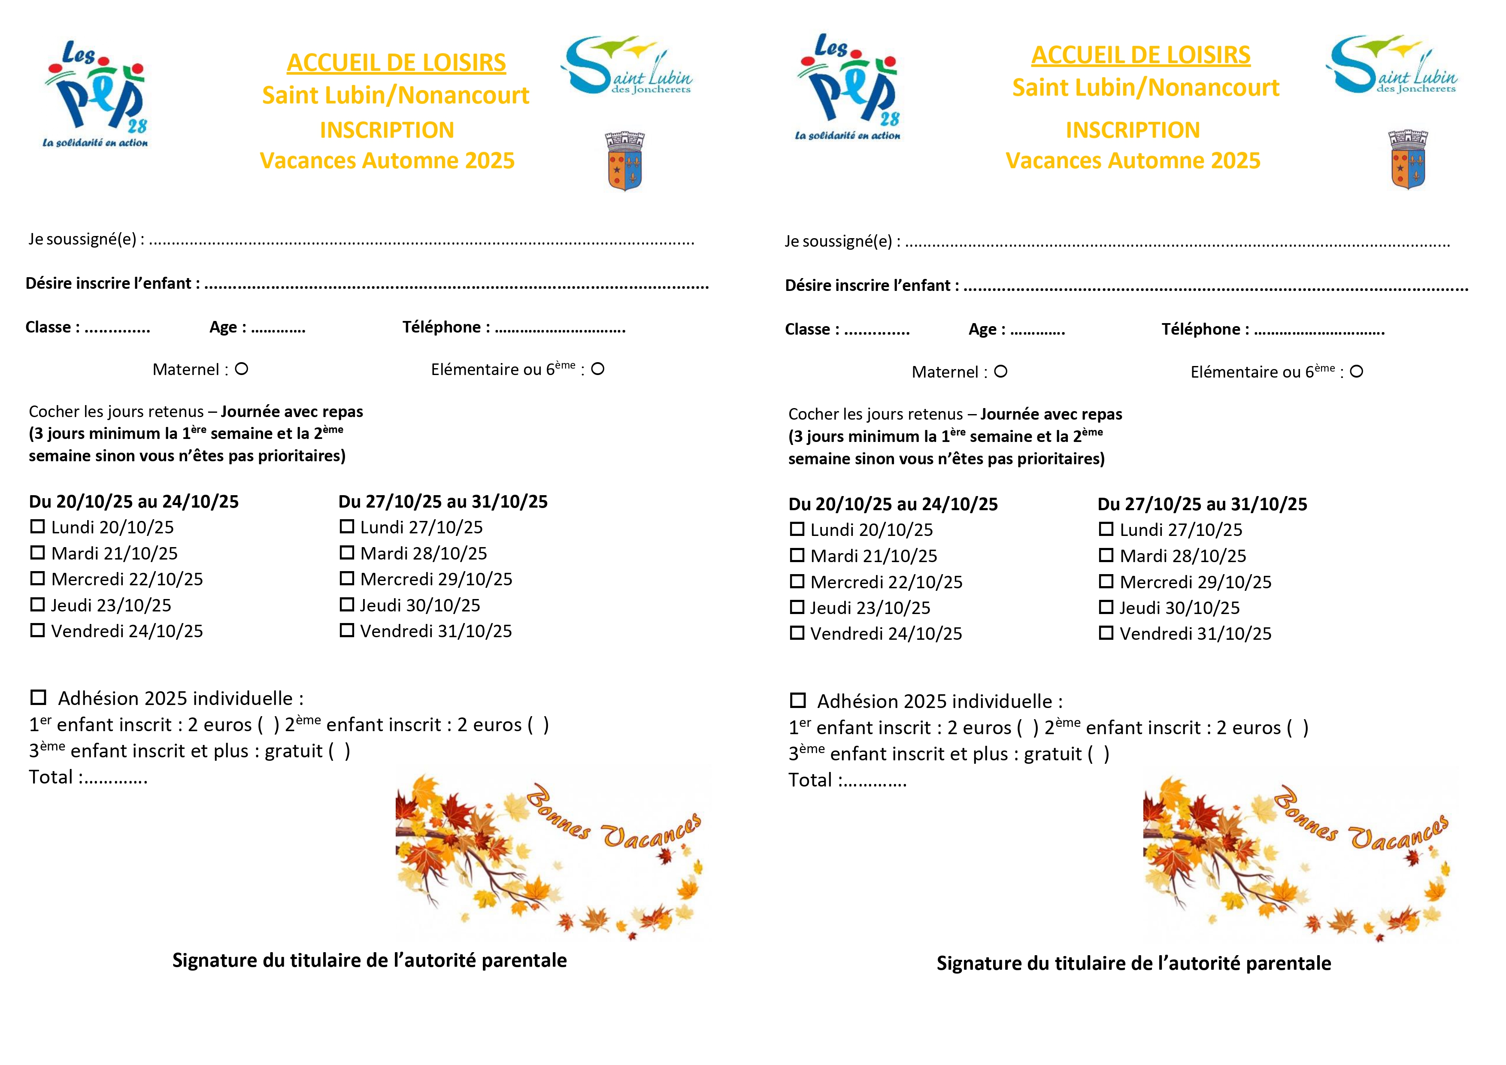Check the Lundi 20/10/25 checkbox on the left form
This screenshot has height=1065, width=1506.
(37, 526)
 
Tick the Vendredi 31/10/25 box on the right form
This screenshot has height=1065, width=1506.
(1106, 633)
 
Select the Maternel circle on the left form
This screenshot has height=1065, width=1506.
(241, 369)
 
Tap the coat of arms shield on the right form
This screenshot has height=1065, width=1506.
(1408, 160)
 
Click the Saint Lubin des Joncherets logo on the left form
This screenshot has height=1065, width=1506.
(627, 66)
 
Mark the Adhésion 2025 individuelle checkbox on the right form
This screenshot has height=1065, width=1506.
(797, 700)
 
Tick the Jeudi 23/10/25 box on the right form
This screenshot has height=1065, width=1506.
(797, 607)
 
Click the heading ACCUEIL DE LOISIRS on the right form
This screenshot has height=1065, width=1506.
(1141, 55)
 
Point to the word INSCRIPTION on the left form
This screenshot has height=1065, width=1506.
(387, 130)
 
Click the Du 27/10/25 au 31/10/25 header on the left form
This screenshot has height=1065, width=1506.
(443, 502)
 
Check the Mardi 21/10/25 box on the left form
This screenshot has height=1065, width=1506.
(37, 553)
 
